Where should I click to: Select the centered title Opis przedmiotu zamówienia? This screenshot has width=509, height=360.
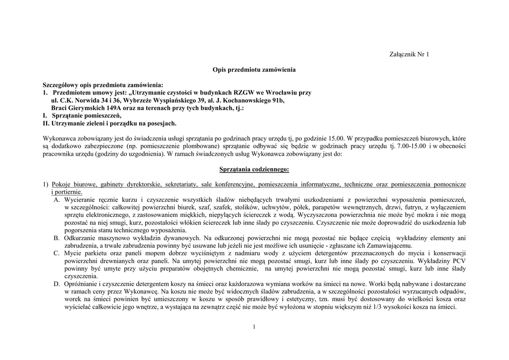(x=254, y=70)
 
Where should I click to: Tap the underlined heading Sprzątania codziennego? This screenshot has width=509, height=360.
(x=254, y=170)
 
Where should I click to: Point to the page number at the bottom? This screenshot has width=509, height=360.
(x=254, y=327)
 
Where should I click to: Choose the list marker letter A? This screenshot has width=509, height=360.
(x=57, y=199)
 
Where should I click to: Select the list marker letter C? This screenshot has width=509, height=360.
(x=57, y=254)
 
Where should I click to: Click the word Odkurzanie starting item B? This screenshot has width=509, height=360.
(x=80, y=238)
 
